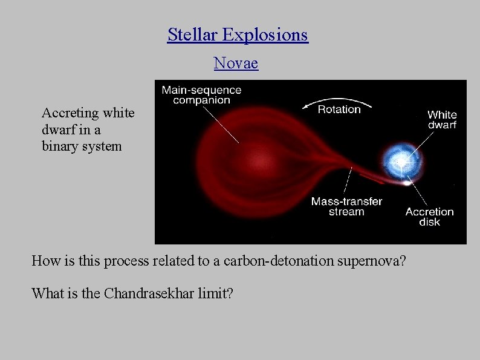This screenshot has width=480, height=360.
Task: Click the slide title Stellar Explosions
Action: click(238, 35)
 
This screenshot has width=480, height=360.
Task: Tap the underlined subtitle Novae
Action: click(236, 63)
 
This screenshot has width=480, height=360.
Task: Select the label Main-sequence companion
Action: click(201, 95)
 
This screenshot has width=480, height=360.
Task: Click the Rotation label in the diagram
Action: click(339, 110)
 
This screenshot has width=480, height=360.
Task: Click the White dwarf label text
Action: click(441, 120)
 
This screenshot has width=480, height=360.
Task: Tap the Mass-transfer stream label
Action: click(346, 206)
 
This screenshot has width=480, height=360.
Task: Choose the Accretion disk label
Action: click(429, 217)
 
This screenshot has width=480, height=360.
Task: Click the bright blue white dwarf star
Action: click(400, 161)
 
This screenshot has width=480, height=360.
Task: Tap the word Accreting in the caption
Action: click(71, 113)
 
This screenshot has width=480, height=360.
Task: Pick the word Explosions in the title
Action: click(265, 35)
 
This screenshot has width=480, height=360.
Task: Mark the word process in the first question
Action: click(125, 261)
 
